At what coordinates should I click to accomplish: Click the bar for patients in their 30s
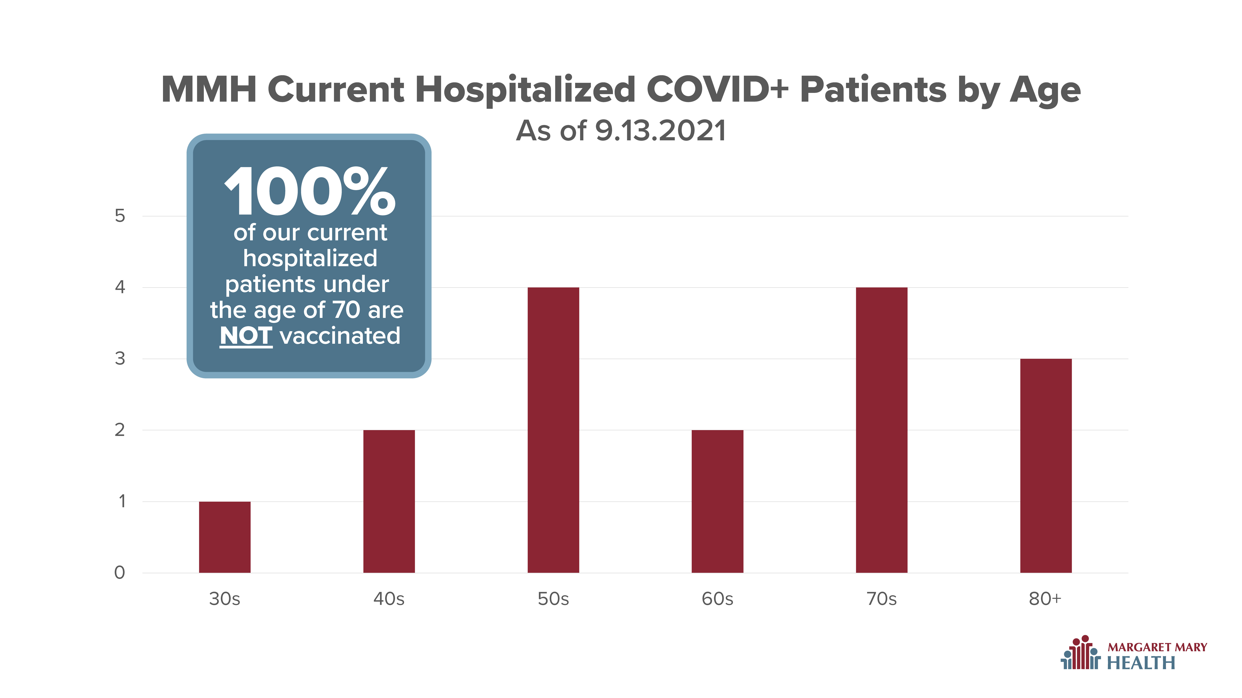tap(225, 537)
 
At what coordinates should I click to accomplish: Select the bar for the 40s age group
tap(389, 502)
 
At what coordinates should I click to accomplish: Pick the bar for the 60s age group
tap(717, 502)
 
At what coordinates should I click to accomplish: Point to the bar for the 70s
tap(882, 430)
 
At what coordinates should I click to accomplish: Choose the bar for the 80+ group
tap(1046, 466)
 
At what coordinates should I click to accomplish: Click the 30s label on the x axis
tap(225, 599)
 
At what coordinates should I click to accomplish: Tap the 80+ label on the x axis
tap(1045, 599)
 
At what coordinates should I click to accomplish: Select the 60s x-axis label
tap(717, 599)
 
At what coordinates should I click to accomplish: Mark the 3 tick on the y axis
tap(120, 359)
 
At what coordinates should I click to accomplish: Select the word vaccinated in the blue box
tap(340, 336)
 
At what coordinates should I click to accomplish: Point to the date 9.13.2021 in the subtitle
tap(661, 131)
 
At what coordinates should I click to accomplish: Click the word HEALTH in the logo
tap(1141, 663)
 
